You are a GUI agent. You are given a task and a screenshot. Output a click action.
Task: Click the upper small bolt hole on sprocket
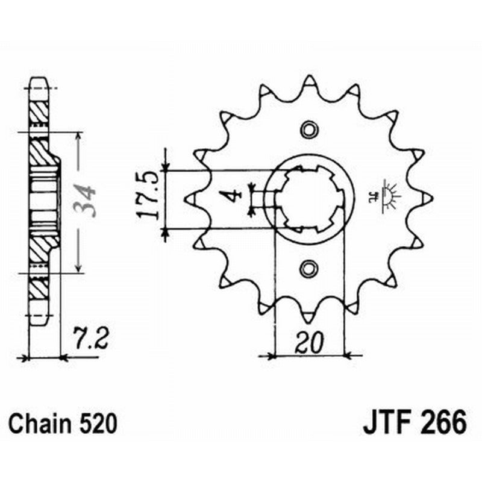pos(308,128)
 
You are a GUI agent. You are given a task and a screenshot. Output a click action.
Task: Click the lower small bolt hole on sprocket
pos(308,267)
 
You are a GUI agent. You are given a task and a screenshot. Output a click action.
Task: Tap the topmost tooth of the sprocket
pos(308,81)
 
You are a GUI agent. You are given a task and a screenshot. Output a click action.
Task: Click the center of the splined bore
pos(308,199)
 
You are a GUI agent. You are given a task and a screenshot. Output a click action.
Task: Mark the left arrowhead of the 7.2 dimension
pos(24,358)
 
